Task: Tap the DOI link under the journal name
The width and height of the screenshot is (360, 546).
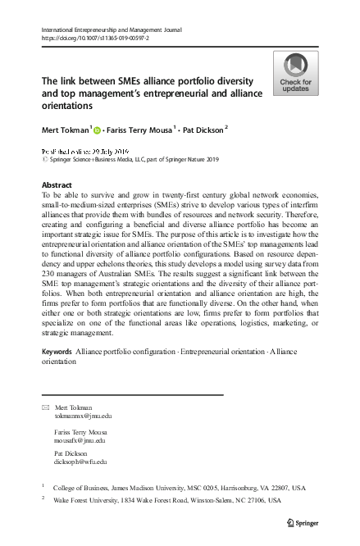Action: tap(91, 38)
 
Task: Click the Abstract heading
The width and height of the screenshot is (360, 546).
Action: tap(57, 185)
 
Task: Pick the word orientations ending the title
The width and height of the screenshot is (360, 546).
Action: tap(69, 107)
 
